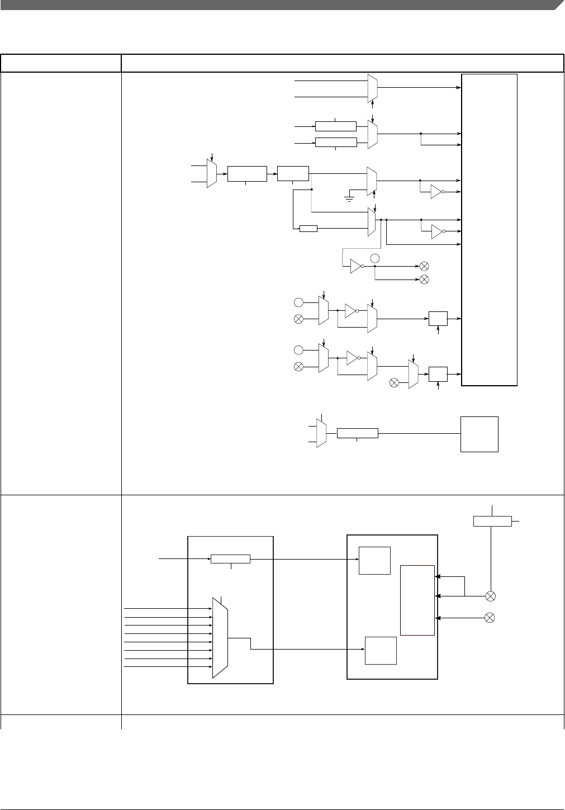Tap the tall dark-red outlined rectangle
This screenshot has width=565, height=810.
(417, 600)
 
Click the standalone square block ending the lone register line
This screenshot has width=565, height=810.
(479, 434)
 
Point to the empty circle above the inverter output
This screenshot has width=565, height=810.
(376, 258)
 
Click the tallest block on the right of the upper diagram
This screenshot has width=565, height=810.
(489, 230)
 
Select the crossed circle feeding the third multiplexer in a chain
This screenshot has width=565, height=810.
(394, 382)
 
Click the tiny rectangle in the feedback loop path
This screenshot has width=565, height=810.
(308, 229)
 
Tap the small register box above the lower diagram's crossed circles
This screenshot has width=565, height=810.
(492, 521)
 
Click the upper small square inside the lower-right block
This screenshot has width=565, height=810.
(374, 560)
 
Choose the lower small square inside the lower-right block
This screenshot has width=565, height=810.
(381, 650)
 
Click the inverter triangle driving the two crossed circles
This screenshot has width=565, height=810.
(356, 267)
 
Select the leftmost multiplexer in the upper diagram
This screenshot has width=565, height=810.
(211, 174)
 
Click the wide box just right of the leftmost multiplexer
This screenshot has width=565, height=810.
(246, 174)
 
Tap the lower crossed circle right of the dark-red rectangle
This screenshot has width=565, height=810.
(490, 618)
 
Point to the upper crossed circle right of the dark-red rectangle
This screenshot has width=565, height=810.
(491, 596)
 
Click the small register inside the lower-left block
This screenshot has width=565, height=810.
(230, 559)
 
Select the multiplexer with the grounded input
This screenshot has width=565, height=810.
(372, 181)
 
